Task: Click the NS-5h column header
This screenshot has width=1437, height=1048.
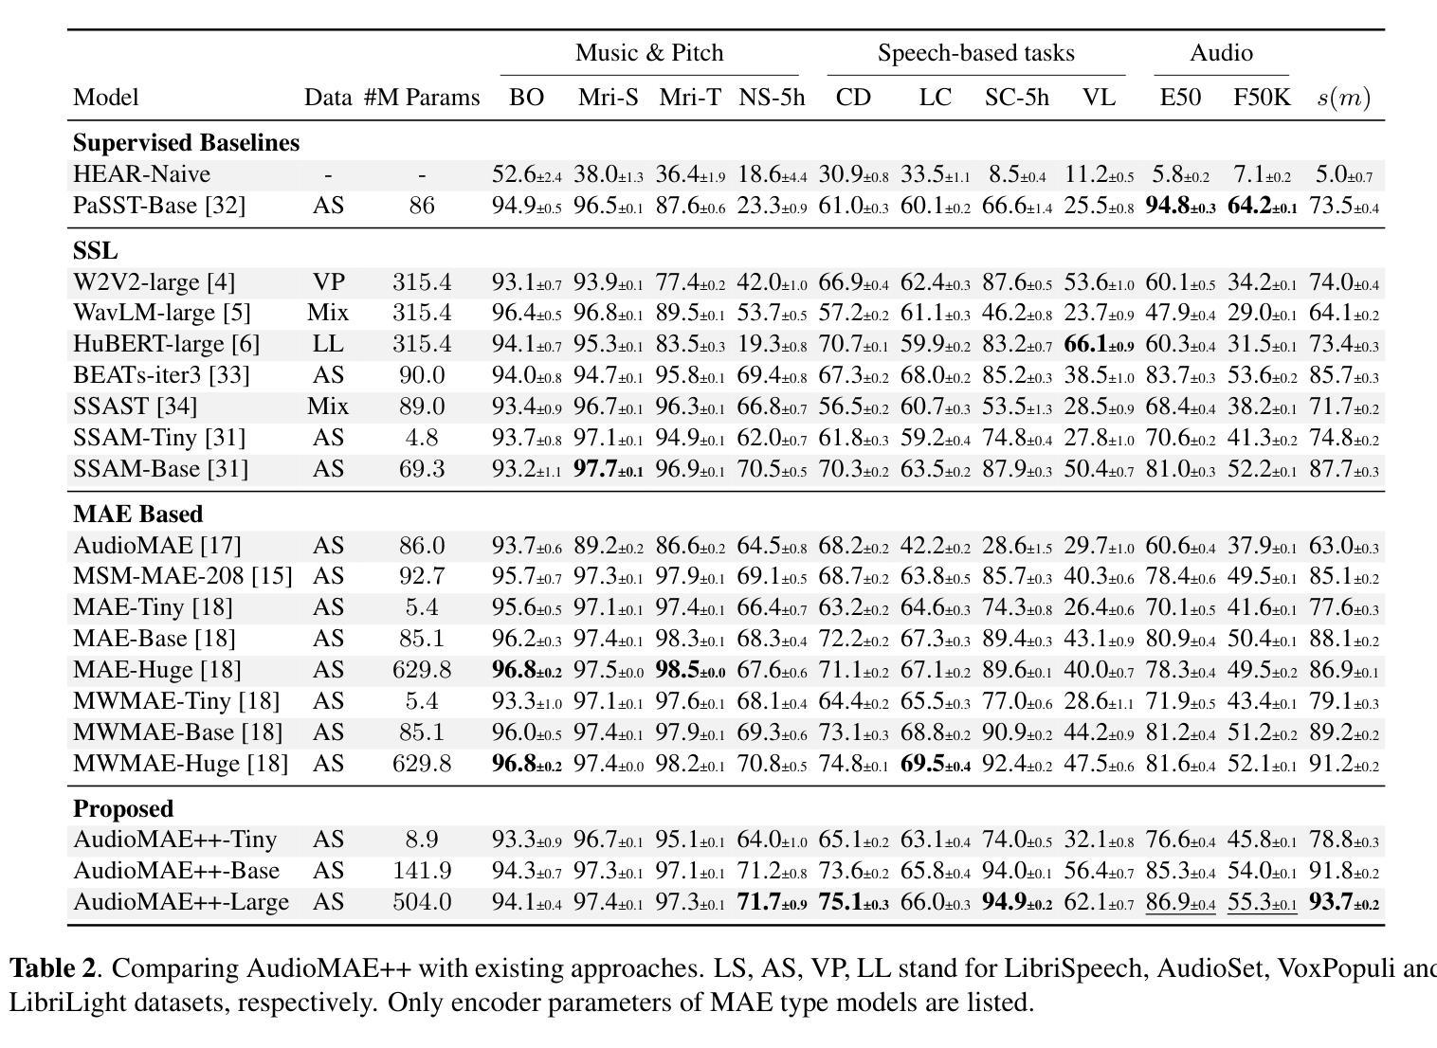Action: [x=771, y=97]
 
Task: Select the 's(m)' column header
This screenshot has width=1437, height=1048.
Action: [x=1344, y=98]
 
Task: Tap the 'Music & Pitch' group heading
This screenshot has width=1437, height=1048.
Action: [x=649, y=53]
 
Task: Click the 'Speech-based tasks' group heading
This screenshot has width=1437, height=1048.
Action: [x=975, y=53]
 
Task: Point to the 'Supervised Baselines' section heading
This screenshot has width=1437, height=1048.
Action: [x=186, y=142]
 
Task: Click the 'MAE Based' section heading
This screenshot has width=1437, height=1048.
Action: [x=138, y=514]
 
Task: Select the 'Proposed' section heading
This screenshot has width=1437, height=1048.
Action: [x=123, y=809]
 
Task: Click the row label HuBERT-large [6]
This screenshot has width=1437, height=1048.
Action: [x=166, y=344]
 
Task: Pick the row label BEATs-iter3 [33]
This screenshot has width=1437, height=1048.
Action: [x=161, y=374]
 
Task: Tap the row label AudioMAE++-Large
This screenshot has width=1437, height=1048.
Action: [x=181, y=902]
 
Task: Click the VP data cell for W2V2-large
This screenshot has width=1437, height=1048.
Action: [x=329, y=281]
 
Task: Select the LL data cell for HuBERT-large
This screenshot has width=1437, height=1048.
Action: [x=328, y=344]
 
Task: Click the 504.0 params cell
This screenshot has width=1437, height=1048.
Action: [x=422, y=902]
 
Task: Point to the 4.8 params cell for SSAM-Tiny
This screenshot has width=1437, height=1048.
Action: [x=422, y=438]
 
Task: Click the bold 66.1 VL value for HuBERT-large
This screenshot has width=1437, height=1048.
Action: [x=1099, y=344]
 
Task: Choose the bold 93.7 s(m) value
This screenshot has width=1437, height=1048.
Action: [x=1344, y=902]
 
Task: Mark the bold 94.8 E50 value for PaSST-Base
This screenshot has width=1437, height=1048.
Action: [x=1180, y=206]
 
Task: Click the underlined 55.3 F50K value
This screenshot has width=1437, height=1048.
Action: [x=1262, y=902]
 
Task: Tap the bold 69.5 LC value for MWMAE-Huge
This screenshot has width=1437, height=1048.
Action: [x=936, y=764]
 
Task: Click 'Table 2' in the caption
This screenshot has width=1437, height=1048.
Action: [x=52, y=967]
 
